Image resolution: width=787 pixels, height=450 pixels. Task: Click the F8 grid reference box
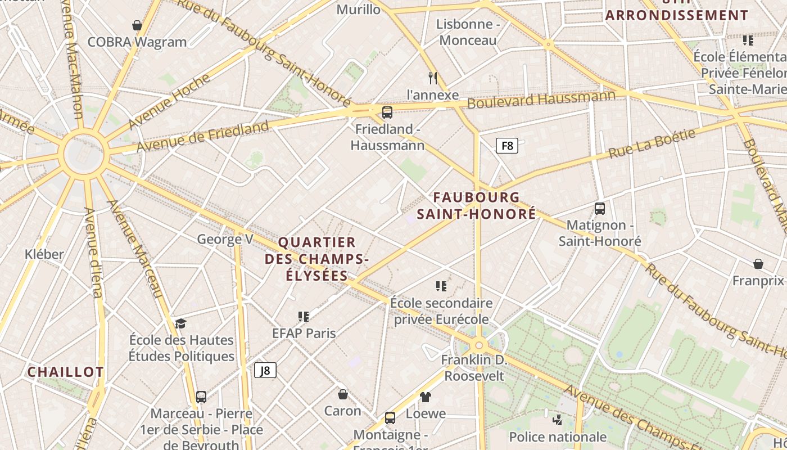point(506,146)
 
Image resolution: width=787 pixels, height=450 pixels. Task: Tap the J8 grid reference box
point(265,370)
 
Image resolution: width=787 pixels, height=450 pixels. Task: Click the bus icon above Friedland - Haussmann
point(387,112)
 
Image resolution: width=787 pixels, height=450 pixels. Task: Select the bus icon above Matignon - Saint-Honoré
point(600,209)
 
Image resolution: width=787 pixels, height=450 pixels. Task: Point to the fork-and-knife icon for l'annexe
point(432,78)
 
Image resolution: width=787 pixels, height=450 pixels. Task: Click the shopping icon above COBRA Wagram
point(137,25)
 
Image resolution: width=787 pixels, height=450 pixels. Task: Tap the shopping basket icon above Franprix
point(758,264)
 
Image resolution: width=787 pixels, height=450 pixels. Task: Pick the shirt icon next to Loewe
point(426,397)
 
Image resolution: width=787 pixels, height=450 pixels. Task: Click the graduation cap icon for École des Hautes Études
point(180,323)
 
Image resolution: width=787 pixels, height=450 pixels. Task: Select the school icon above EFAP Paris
point(304,317)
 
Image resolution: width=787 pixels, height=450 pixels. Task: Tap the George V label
point(225,240)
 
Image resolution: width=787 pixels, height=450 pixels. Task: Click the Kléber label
point(44,254)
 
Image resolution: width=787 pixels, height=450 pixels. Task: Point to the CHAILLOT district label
point(66,372)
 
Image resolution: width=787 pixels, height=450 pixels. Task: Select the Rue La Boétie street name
point(652,144)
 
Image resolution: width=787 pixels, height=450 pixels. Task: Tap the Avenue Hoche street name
point(169,101)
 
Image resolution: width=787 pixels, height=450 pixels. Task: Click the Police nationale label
point(558,437)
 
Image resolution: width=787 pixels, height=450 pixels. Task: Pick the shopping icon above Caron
point(343,394)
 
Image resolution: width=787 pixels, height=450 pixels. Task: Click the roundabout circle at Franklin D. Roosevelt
point(479,345)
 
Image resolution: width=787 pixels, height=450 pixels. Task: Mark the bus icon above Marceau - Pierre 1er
point(201,397)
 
